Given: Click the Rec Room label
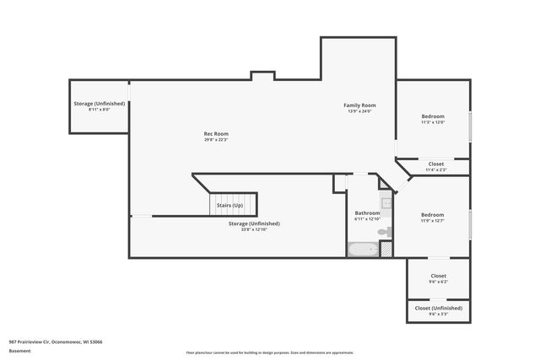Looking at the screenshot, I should [216, 133].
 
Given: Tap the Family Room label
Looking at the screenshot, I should [359, 105].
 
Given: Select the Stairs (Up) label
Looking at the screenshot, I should [229, 206].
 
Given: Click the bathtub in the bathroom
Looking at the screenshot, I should [363, 250].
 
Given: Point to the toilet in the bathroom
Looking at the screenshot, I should [384, 230].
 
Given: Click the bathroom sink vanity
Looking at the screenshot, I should [386, 201].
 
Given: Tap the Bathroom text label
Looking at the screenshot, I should [367, 213].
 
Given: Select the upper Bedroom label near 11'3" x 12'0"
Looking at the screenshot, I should [433, 116].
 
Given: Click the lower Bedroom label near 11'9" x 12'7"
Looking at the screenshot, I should [433, 215].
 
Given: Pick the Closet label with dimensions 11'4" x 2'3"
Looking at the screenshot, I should [436, 164].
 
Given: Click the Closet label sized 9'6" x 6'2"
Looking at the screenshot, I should [439, 276].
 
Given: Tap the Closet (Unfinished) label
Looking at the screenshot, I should [439, 309].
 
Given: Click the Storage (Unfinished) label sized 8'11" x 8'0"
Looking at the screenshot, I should [100, 104].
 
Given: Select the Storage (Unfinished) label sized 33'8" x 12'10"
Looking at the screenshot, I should [254, 223].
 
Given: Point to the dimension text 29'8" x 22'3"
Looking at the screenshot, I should [216, 140].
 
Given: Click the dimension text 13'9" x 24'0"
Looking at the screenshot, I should [359, 112].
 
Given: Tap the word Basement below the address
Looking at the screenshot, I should [19, 350].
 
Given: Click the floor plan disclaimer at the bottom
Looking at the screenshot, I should [270, 352].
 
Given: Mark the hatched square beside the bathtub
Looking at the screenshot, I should [386, 250].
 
